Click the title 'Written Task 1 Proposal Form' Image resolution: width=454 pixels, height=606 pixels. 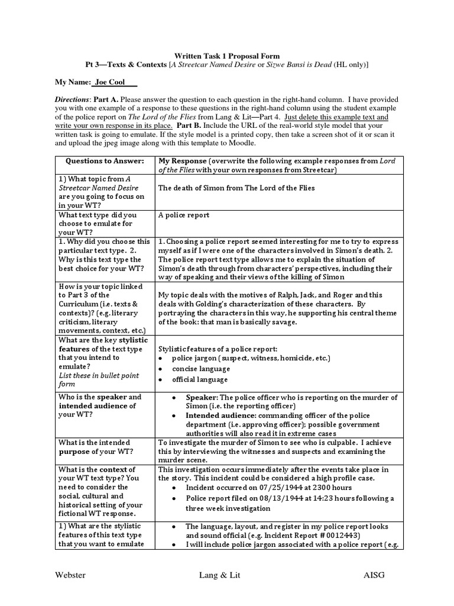coord(227,56)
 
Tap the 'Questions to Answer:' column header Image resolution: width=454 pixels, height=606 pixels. coord(104,162)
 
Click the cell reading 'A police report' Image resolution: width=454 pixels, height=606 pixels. coord(184,215)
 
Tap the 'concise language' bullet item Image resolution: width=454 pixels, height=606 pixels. coord(201,369)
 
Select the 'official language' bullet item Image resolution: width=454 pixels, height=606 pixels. coord(200,380)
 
